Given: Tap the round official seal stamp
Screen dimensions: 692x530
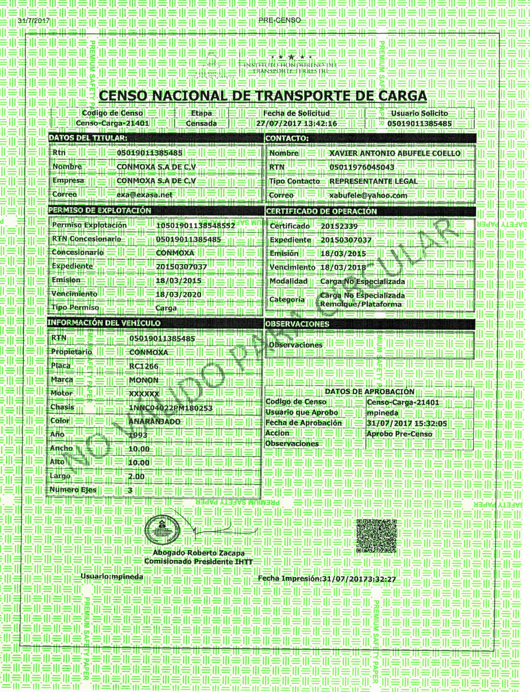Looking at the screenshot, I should click(x=162, y=530).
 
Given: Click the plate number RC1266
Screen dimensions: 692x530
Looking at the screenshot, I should click(x=143, y=366).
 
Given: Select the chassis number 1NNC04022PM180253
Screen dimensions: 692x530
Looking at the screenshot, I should click(x=170, y=408).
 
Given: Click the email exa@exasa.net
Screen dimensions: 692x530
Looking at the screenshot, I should click(x=145, y=195).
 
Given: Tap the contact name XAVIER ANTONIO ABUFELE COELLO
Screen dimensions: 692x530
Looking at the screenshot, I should click(x=395, y=154).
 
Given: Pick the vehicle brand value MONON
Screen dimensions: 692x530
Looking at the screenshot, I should click(x=143, y=380).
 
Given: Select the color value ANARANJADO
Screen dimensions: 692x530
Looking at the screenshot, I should click(x=154, y=422).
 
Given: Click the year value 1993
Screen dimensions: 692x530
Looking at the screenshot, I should click(x=138, y=435).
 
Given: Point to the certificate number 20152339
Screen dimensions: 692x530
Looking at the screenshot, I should click(x=339, y=226).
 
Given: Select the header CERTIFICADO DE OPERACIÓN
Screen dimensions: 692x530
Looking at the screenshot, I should click(x=321, y=211).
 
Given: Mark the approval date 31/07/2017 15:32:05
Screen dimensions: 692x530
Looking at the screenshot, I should click(x=407, y=423).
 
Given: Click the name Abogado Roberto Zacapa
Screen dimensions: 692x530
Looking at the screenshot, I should click(x=198, y=553).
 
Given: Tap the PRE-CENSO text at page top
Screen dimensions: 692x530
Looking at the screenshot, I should click(x=280, y=20).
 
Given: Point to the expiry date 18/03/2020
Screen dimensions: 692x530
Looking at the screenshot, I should click(x=178, y=294).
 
